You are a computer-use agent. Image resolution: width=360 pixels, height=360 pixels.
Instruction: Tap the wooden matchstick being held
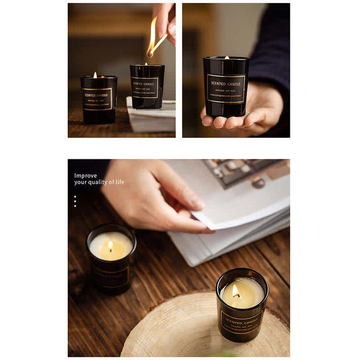pyautogui.click(x=158, y=44)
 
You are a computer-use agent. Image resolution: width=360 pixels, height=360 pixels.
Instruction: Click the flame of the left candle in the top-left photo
pyautogui.click(x=95, y=75)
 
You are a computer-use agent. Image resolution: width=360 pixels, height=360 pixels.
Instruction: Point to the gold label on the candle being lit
pyautogui.click(x=145, y=87)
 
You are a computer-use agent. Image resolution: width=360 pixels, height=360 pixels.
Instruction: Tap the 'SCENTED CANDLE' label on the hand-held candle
pyautogui.click(x=226, y=88)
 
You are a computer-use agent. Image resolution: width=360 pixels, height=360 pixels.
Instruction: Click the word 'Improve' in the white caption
pyautogui.click(x=85, y=175)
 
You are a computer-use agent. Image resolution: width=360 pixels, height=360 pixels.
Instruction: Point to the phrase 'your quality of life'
pyautogui.click(x=99, y=182)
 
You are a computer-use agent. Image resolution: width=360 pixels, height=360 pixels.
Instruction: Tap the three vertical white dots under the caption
pyautogui.click(x=75, y=201)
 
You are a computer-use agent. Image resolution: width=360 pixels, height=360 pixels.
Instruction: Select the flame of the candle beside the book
pyautogui.click(x=110, y=245)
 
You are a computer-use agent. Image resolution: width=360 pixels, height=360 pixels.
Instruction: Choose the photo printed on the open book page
pyautogui.click(x=245, y=172)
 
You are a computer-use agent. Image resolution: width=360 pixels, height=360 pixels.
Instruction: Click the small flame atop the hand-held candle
pyautogui.click(x=226, y=57)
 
